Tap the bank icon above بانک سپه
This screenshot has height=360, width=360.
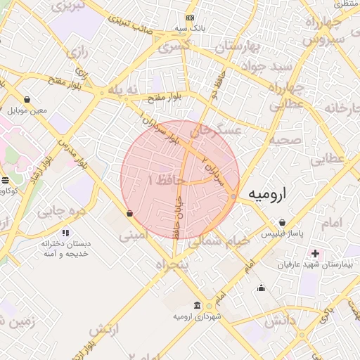click(190, 18)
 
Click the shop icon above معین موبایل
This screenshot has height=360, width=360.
click(27, 99)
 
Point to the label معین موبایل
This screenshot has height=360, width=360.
click(27, 110)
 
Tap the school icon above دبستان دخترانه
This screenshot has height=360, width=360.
click(65, 232)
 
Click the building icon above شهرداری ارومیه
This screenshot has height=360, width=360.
click(196, 307)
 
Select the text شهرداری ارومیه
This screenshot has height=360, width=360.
click(196, 318)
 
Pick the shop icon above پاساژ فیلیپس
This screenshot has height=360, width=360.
click(281, 222)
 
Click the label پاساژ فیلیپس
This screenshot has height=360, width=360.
click(281, 233)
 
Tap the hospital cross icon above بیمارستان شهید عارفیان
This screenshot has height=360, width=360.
click(314, 253)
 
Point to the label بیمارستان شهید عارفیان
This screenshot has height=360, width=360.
click(314, 264)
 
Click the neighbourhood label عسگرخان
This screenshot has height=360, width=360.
click(218, 131)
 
